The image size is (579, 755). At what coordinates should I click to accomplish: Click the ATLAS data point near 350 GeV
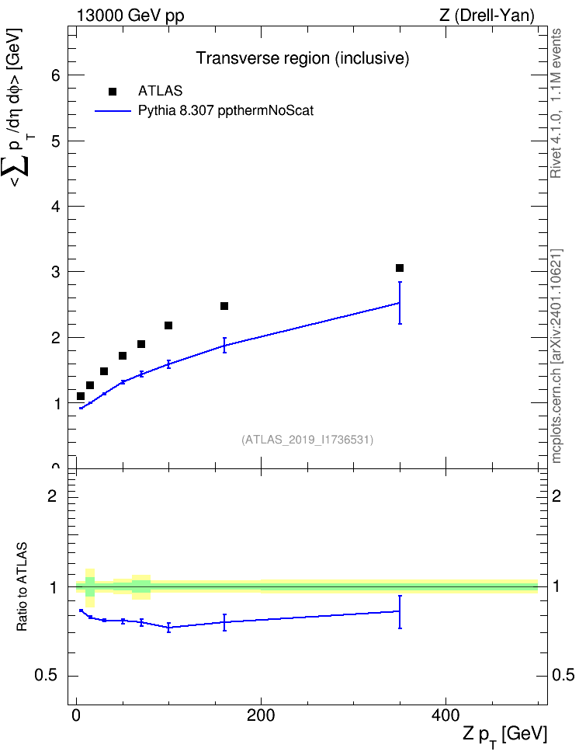pos(400,268)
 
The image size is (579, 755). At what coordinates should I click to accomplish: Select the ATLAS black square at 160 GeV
pos(224,306)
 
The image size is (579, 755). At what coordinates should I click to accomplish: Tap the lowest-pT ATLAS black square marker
pos(81,396)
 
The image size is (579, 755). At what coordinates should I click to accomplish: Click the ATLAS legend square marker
pos(112,92)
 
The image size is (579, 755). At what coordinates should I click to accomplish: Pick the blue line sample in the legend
pos(113,111)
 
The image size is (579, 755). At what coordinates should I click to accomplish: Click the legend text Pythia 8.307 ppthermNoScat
pos(226,111)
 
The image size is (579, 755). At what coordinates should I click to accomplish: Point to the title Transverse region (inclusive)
pos(302,58)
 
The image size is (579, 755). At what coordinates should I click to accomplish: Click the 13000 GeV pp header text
pos(130,16)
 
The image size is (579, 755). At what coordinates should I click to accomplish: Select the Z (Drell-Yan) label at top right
pos(487,16)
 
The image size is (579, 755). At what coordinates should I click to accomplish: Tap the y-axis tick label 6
pos(57,75)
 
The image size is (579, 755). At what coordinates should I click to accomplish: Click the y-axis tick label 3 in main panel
pos(57,272)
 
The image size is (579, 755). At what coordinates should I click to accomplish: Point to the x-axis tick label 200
pos(261,715)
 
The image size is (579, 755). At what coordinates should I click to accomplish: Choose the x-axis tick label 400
pos(446,715)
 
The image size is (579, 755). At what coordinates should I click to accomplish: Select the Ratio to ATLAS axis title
pos(22,586)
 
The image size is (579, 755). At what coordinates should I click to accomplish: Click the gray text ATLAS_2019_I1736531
pos(307,440)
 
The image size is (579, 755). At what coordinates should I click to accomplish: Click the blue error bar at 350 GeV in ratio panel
pos(400,612)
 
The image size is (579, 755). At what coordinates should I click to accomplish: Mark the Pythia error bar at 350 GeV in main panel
pos(400,303)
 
